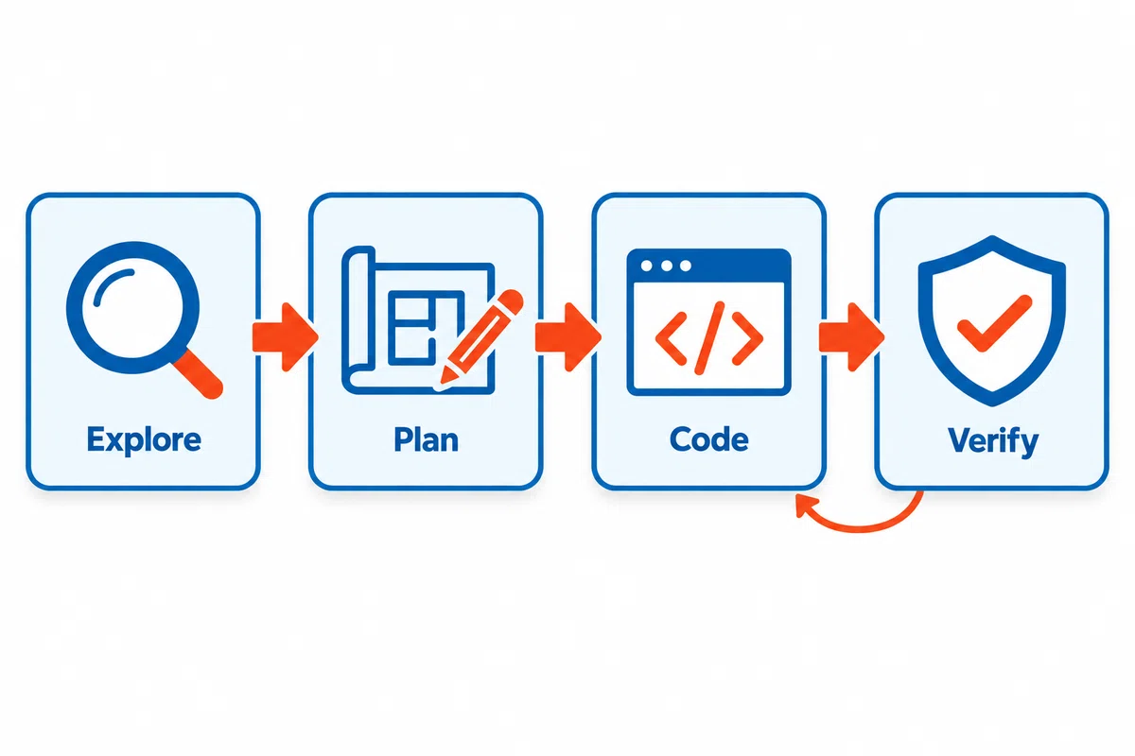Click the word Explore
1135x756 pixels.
point(144,440)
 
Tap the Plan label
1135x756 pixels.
point(427,439)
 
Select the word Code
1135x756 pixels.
point(708,439)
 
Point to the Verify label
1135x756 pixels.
point(992,441)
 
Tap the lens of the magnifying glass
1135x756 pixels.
point(132,307)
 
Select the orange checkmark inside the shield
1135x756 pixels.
point(994,324)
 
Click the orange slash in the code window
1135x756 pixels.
point(709,338)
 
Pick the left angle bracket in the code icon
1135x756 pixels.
point(672,338)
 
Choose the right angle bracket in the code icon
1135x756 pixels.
point(747,338)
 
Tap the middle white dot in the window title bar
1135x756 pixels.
point(667,266)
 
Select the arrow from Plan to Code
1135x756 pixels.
point(568,337)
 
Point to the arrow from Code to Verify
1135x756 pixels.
point(851,337)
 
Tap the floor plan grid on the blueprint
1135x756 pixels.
point(411,328)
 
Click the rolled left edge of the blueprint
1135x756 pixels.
point(358,319)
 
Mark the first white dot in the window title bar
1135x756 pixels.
point(647,266)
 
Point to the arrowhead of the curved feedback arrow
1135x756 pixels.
point(805,506)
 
